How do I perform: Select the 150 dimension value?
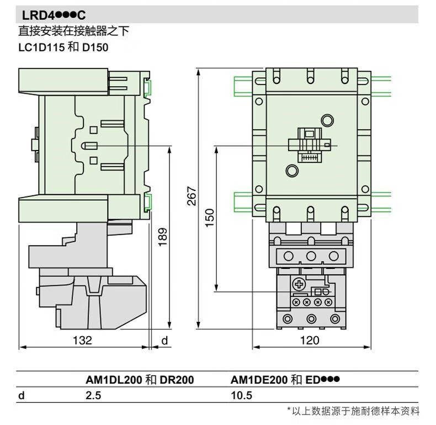[210, 216]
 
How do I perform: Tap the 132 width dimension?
[83, 340]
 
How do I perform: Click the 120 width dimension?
[310, 340]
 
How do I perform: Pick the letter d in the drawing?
[164, 340]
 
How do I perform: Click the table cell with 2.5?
[93, 395]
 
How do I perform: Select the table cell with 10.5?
[241, 395]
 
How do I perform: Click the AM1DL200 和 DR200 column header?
[140, 380]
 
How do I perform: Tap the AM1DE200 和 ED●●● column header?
[284, 380]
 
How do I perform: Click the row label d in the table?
[22, 395]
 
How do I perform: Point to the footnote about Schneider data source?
[353, 411]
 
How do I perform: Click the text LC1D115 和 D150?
[63, 47]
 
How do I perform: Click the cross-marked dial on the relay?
[299, 285]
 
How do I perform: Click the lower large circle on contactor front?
[292, 171]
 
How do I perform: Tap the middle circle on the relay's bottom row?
[310, 318]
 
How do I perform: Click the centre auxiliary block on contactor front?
[309, 145]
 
